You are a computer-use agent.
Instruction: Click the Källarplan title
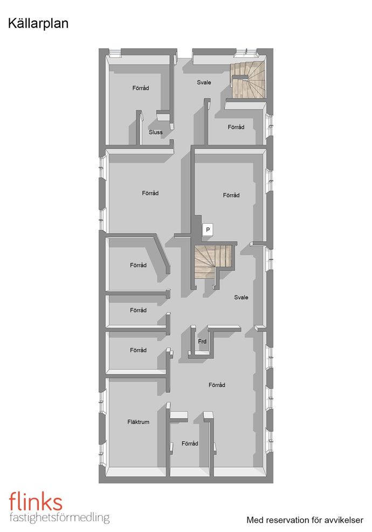coord(38,24)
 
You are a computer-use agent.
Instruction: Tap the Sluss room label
coord(156,132)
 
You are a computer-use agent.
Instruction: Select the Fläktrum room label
coord(139,422)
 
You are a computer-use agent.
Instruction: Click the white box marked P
coord(208,230)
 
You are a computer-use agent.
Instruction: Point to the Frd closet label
coord(202,342)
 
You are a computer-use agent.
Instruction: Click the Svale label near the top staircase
coord(204,83)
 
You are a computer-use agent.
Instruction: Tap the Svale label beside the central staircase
coord(241,297)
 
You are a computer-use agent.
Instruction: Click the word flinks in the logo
coord(36,501)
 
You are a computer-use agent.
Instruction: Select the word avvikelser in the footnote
coord(344,520)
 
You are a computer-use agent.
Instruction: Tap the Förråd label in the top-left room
coord(141,88)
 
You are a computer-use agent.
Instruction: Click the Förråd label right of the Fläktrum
coord(190,444)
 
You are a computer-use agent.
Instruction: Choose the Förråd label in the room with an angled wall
coord(139,265)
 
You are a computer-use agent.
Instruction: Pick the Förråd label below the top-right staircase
coord(236,127)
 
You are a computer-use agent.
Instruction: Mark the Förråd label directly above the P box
coord(231,195)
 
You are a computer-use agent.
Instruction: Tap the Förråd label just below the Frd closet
coord(217,385)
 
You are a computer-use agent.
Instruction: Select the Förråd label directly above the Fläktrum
coord(139,350)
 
